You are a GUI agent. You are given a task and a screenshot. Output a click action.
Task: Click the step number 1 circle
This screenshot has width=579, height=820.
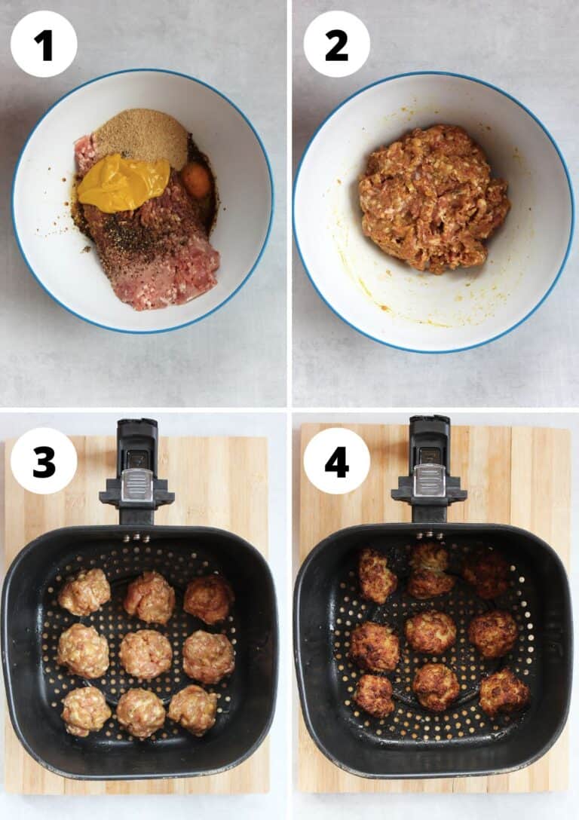(44, 44)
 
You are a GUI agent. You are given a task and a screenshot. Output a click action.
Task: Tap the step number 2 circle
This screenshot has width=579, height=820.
(336, 44)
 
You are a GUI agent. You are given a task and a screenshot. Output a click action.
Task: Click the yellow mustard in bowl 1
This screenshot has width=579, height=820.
(123, 183)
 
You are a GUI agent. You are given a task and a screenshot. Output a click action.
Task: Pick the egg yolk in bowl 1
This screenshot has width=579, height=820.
(196, 180)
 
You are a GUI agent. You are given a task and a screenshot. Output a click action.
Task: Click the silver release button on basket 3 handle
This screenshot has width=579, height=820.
(136, 485)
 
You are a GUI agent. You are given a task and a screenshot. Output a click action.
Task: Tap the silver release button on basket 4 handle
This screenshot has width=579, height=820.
(429, 480)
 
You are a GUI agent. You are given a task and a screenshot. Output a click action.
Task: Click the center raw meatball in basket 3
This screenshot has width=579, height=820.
(146, 653)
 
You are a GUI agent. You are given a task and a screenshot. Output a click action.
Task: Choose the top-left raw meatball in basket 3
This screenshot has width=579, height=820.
(84, 592)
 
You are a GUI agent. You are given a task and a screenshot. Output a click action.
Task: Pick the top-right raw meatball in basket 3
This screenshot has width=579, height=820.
(208, 598)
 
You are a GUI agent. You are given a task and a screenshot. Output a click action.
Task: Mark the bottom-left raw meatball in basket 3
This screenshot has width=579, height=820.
(85, 710)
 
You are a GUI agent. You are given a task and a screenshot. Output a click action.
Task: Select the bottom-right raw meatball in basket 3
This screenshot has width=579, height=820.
(194, 709)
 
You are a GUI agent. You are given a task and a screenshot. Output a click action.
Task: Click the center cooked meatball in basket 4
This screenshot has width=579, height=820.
(430, 632)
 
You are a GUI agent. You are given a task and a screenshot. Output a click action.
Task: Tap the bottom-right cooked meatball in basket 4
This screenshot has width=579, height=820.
(504, 692)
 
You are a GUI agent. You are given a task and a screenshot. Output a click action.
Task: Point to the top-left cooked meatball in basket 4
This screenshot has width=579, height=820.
(376, 576)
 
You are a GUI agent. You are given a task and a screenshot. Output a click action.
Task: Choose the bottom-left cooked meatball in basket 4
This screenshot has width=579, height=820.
(375, 694)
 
